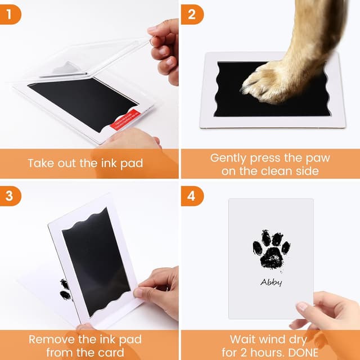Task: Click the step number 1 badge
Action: click(x=11, y=13)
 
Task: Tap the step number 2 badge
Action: click(x=191, y=13)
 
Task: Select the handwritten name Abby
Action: click(x=271, y=282)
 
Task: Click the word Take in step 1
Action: click(x=41, y=164)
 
